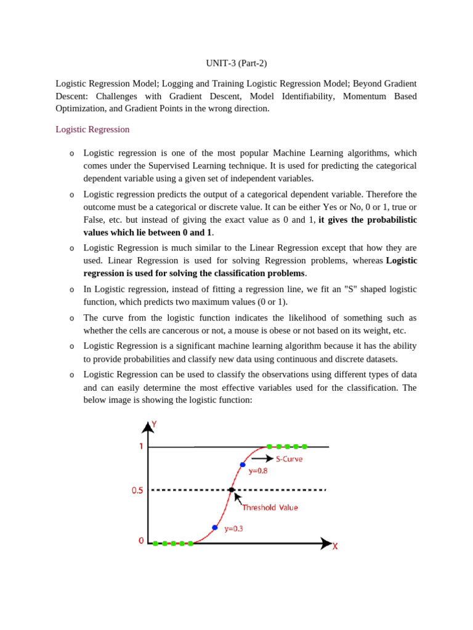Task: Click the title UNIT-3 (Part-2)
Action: [x=236, y=63]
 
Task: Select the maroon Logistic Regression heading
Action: [x=92, y=129]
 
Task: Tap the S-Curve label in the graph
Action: [x=289, y=459]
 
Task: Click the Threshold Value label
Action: [x=270, y=508]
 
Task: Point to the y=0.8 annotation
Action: [x=258, y=471]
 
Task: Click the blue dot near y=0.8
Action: [x=243, y=465]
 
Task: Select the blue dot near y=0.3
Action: [x=214, y=527]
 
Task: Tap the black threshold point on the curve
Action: [x=231, y=490]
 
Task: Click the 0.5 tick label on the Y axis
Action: [x=137, y=490]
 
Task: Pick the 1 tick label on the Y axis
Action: [x=140, y=446]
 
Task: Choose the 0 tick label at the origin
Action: [x=141, y=541]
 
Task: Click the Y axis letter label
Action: [x=154, y=424]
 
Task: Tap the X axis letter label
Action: [x=334, y=546]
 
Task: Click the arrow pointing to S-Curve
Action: [x=262, y=458]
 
